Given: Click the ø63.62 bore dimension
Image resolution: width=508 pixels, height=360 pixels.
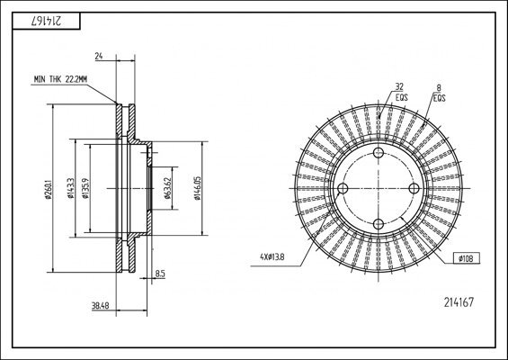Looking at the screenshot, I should tap(167, 188).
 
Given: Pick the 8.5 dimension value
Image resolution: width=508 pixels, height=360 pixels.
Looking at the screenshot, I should tap(159, 273).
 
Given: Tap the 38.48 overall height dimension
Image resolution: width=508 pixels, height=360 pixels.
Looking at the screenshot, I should tap(100, 305).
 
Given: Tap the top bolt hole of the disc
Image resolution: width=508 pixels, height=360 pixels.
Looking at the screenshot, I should tap(378, 154).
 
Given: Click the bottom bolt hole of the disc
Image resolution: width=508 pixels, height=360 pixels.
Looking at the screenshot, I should tap(378, 222).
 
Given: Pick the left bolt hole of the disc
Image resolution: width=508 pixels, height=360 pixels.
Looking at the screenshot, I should tap(343, 188).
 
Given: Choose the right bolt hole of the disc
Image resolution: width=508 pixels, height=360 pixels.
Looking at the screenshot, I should tap(412, 188).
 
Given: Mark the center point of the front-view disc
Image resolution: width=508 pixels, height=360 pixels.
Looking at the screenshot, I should tap(378, 188).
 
